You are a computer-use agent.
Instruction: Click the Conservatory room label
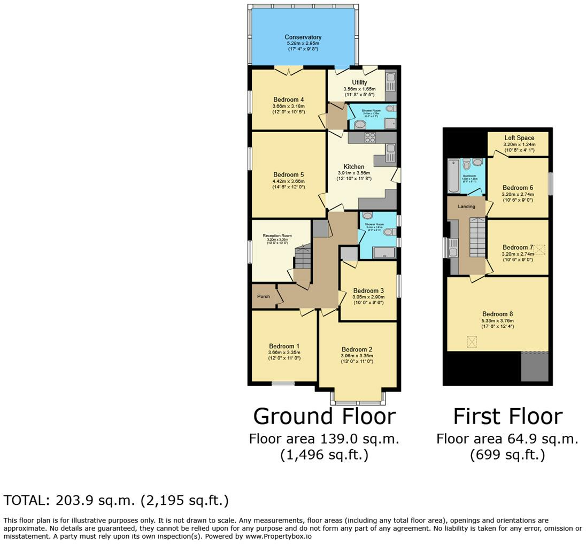(x=303, y=37)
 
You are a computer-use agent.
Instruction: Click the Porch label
(x=263, y=296)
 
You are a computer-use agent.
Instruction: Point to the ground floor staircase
(x=303, y=257)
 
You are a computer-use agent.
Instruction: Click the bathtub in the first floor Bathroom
(x=453, y=176)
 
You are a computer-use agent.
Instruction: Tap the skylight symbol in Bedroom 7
(x=539, y=249)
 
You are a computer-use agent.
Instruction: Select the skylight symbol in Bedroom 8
(x=472, y=341)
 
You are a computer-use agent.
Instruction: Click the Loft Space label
(x=519, y=138)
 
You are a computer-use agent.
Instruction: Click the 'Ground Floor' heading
(x=324, y=416)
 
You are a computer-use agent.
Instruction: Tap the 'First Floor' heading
(x=507, y=416)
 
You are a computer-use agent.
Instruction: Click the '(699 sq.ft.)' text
(x=507, y=455)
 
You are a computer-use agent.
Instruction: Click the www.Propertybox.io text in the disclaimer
(x=278, y=536)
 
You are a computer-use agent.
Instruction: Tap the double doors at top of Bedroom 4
(x=289, y=70)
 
